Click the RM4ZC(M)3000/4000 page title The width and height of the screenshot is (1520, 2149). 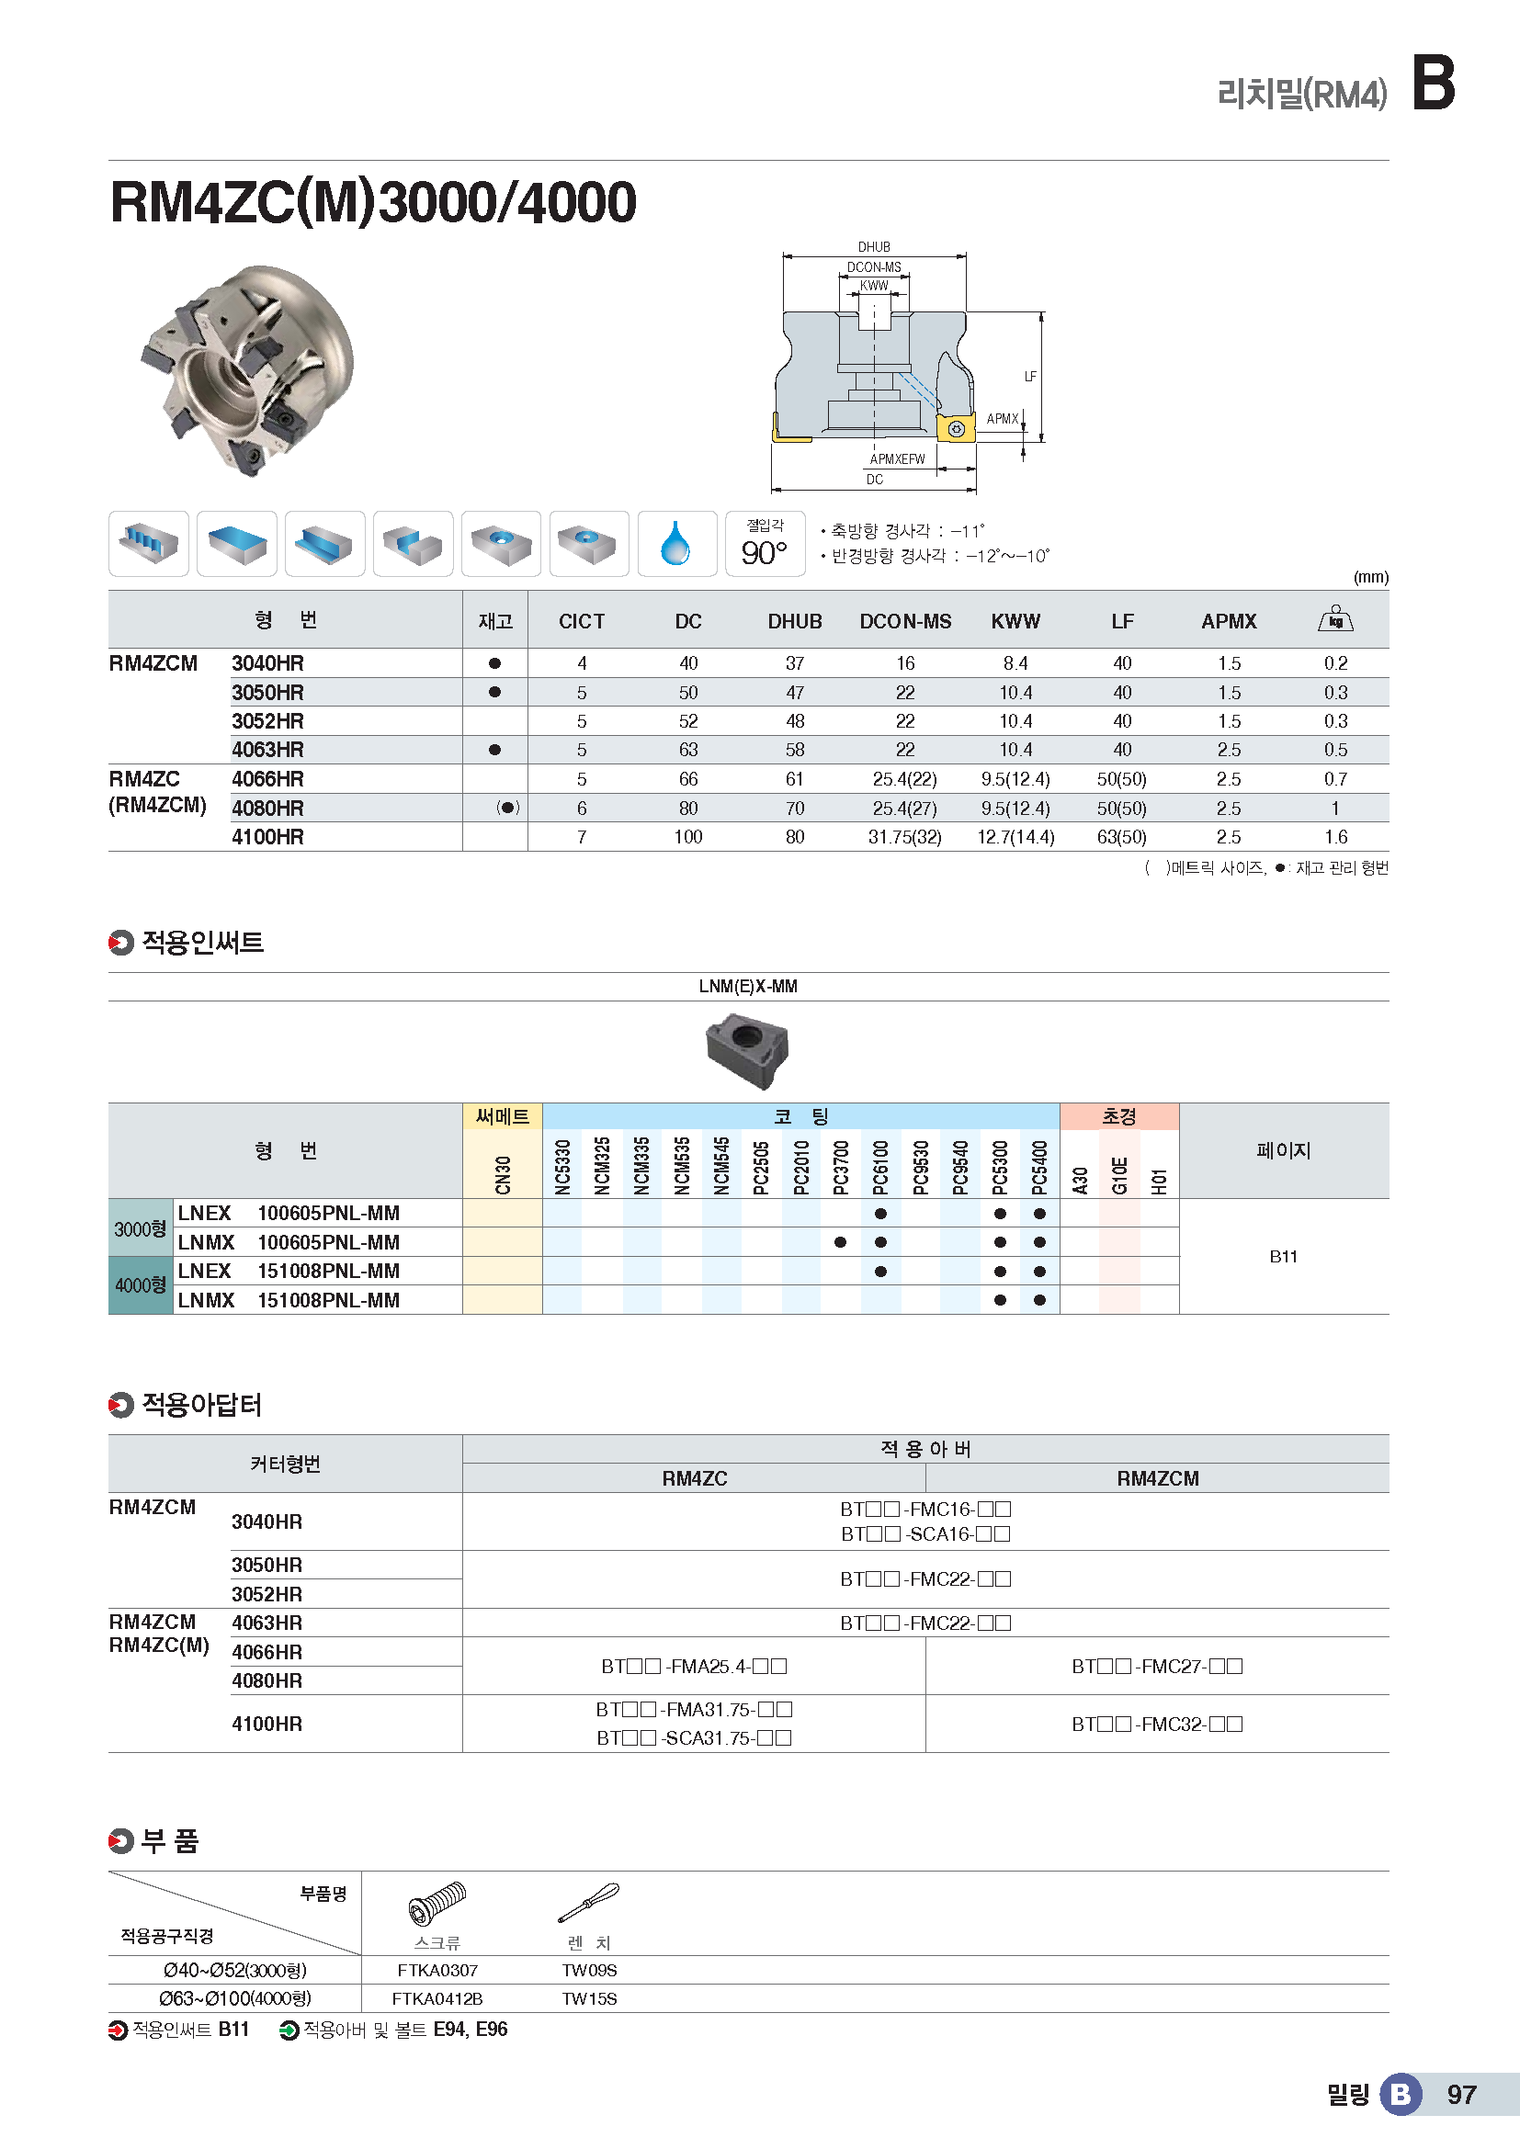tap(372, 202)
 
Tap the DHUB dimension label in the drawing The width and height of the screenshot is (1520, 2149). tap(873, 247)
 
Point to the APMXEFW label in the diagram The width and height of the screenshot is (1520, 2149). tap(897, 459)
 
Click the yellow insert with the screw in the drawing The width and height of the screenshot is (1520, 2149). tap(956, 429)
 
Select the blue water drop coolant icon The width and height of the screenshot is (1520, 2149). tap(675, 544)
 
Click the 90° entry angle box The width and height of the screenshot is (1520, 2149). tap(765, 544)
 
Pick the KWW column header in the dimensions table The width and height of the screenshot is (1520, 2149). tap(1015, 621)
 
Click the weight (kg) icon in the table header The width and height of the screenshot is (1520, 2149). tap(1334, 619)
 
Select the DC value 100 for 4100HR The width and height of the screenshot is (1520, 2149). tap(688, 837)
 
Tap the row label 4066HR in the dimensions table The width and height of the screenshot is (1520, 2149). tap(267, 779)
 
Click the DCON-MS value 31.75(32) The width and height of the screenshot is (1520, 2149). tap(904, 837)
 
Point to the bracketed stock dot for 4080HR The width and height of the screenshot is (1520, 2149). tap(507, 808)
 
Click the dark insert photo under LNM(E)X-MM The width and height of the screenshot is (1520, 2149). tap(747, 1052)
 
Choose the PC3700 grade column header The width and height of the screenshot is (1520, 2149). tap(841, 1166)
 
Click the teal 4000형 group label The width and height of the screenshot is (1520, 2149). tap(141, 1285)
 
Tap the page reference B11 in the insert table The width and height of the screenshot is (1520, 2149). tap(1283, 1257)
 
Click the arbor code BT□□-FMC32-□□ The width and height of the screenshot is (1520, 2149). tap(1157, 1723)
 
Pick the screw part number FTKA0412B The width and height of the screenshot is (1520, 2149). tap(437, 1998)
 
